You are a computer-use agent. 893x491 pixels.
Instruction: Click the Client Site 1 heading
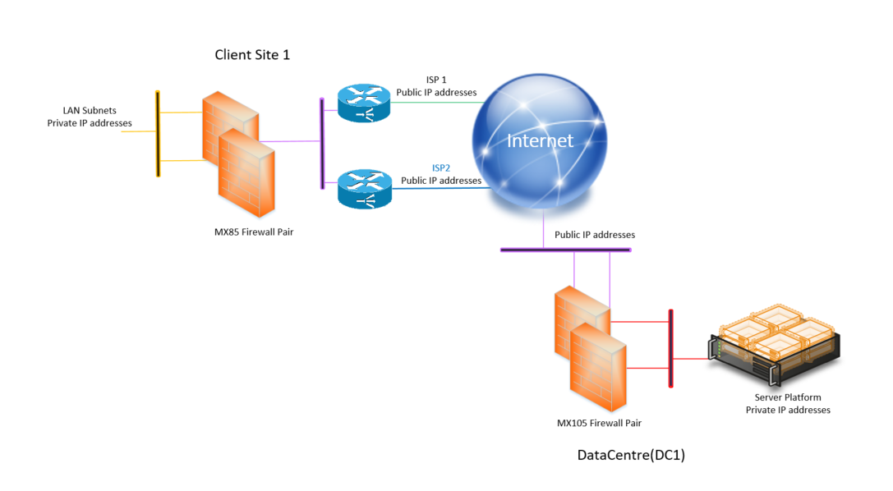tap(252, 55)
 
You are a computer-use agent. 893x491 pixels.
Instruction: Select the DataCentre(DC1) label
tap(631, 455)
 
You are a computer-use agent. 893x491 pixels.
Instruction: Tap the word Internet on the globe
tap(540, 140)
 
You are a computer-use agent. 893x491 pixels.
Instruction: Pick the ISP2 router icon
tap(365, 189)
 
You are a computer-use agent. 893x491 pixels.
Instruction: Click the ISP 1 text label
tap(436, 80)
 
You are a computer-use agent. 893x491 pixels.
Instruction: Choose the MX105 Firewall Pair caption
tap(599, 423)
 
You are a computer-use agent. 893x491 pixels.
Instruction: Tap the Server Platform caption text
tap(787, 397)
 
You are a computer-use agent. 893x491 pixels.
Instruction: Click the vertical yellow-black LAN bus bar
tap(158, 134)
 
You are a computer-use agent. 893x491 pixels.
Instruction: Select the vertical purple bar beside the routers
tap(323, 144)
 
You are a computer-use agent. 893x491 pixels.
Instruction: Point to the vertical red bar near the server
tap(671, 348)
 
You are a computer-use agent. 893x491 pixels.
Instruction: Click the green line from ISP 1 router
tap(435, 103)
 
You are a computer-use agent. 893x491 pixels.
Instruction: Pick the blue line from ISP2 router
tap(440, 189)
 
